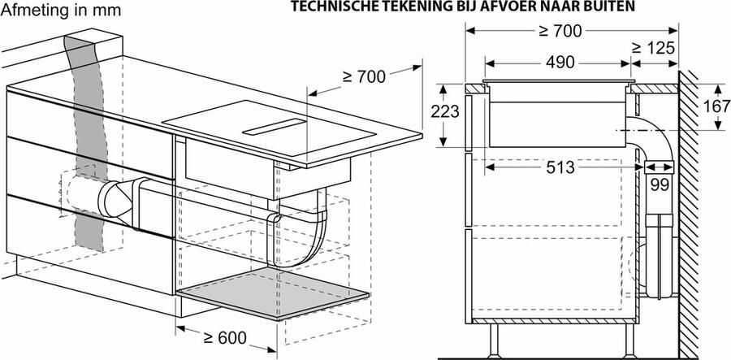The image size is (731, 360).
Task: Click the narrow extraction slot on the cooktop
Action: [276, 125]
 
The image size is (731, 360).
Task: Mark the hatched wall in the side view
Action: [694, 203]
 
